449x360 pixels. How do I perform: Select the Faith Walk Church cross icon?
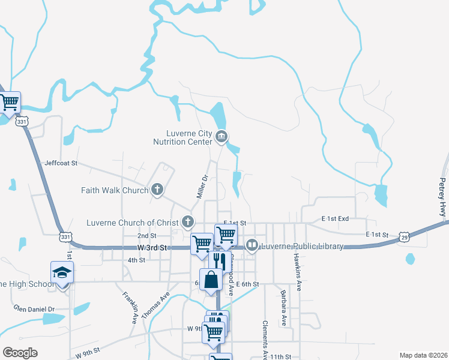pos(157,190)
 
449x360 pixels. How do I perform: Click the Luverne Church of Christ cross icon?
pos(188,223)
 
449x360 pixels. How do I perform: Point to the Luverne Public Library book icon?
pos(253,245)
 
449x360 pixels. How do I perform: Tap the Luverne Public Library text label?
pos(302,246)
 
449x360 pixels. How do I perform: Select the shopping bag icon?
pos(211,280)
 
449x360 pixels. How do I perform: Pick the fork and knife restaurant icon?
pos(218,261)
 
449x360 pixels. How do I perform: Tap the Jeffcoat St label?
pos(61,163)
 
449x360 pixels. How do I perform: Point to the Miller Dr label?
pos(202,187)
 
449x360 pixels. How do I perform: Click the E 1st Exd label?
pos(335,218)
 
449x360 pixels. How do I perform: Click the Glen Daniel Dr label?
pos(34,308)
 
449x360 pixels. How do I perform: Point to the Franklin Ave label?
pos(130,307)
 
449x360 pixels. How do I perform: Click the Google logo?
pos(20,353)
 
